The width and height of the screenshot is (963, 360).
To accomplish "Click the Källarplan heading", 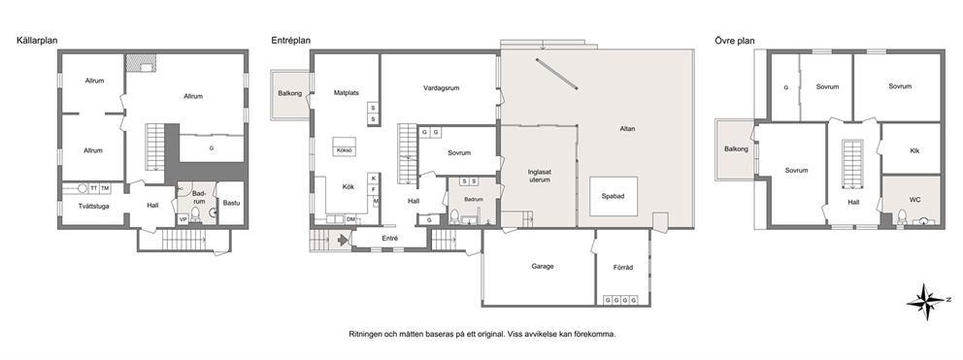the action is coord(37,41).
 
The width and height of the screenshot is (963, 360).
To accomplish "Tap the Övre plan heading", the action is coord(735,41).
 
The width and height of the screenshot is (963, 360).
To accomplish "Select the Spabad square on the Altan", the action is coord(614,196).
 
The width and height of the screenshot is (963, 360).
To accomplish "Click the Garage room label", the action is coord(543,266).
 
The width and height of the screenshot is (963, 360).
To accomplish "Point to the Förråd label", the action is coord(623,267).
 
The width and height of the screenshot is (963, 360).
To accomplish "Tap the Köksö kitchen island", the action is coord(345,147).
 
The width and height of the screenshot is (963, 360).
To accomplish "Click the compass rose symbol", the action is coord(925,300).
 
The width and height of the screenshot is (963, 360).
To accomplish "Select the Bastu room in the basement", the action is coord(232,203).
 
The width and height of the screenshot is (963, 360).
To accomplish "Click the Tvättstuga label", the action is coord(94,207).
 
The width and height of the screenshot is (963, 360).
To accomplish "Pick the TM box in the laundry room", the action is coord(105,188).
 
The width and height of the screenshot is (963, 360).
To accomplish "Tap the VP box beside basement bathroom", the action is coord(183,219).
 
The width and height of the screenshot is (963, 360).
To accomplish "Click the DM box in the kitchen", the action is coord(350,219).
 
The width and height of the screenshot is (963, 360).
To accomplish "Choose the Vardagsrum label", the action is coord(441,88).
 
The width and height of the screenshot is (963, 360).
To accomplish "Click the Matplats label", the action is coord(347,93).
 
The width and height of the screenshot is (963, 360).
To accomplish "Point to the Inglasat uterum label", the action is coord(539,176).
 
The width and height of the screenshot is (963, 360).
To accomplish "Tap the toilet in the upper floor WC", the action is coord(902,216).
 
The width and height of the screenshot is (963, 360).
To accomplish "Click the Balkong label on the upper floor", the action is coord(736,148).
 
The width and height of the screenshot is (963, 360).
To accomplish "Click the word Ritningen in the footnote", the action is coord(365,334).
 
